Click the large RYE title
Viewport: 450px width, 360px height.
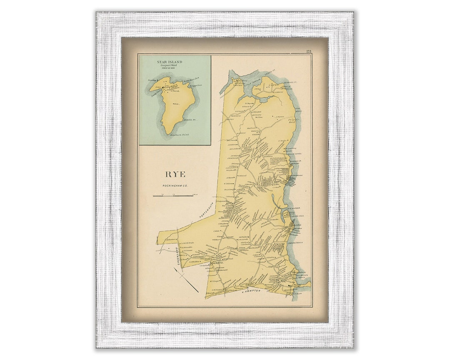click(x=176, y=174)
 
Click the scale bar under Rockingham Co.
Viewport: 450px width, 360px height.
click(x=173, y=195)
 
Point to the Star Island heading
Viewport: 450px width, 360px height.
click(x=170, y=62)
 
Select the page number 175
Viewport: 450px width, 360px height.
click(x=308, y=51)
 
